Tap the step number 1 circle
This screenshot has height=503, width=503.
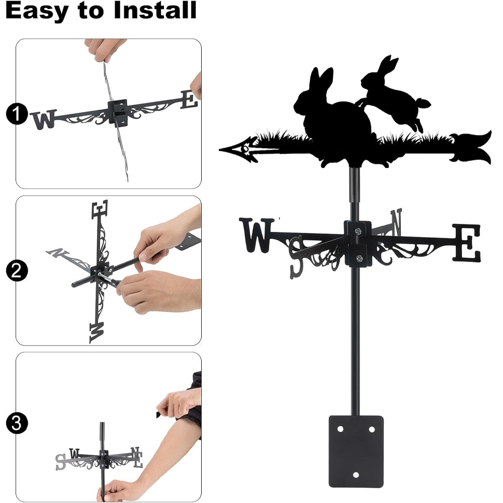point(17,114)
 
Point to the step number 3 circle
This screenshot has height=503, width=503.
point(17,423)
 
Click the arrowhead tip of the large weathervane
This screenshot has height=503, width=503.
point(220,149)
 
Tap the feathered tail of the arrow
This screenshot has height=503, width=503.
point(471,148)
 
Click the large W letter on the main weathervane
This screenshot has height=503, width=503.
point(257,235)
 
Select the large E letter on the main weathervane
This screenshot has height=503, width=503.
point(467,242)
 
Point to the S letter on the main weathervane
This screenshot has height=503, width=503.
point(296,257)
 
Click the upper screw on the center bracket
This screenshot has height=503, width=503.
point(358,231)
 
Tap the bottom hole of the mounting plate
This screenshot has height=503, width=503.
point(356,475)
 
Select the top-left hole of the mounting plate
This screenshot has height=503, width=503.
point(340,429)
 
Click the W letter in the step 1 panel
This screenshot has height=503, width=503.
point(43,119)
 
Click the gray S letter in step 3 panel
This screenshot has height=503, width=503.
point(60,462)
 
